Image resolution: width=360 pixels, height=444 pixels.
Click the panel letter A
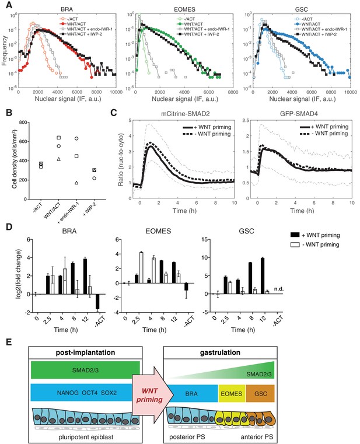(x=9, y=5)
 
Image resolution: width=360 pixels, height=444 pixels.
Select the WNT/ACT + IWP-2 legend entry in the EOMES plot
(x=198, y=34)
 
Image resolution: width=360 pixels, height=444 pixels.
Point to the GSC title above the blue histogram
(x=302, y=9)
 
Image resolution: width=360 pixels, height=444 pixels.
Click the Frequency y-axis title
(x=4, y=51)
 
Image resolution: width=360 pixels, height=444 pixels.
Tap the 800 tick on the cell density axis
(x=23, y=123)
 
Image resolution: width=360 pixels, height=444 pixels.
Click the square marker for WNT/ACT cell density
(x=59, y=138)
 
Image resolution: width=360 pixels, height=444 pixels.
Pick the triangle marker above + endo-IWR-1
(x=76, y=183)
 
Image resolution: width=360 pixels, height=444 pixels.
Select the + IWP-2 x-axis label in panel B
(x=90, y=210)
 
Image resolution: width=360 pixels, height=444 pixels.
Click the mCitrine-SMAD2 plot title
(x=184, y=114)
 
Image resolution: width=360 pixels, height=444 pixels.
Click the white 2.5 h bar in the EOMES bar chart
(x=141, y=268)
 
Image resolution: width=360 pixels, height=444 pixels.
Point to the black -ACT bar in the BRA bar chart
(x=97, y=302)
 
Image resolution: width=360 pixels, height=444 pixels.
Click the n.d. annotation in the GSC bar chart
(x=279, y=289)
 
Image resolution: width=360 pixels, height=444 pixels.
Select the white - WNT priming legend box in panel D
(x=295, y=244)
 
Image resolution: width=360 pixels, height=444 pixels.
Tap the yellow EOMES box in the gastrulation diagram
(x=232, y=393)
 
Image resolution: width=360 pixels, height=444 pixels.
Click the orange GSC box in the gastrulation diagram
(x=260, y=393)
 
